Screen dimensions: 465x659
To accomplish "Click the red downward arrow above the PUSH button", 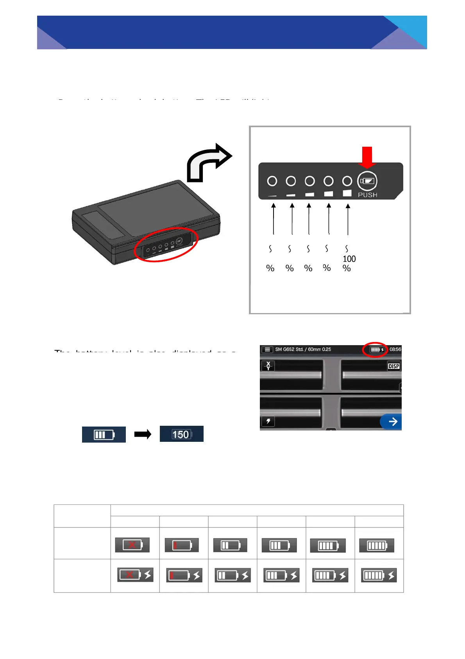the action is (367, 156).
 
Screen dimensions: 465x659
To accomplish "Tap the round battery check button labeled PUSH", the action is (367, 181).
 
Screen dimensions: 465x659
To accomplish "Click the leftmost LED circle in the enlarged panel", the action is (272, 181).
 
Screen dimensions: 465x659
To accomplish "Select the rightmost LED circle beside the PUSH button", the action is (347, 181).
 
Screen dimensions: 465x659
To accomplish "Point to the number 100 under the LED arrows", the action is (349, 259).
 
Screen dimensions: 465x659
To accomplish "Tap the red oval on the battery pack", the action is (166, 245).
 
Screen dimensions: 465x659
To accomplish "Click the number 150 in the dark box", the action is (181, 434).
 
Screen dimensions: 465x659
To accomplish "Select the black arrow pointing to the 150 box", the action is (143, 434).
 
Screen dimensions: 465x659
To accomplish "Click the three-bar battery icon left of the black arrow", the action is (104, 435).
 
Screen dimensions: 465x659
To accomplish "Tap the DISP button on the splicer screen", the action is (393, 366).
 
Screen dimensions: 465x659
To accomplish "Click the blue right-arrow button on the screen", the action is (392, 421).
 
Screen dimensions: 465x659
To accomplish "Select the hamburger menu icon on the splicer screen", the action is (267, 349).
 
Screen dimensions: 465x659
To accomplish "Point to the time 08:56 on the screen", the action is (395, 349).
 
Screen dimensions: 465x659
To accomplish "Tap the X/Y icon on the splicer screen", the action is (268, 366).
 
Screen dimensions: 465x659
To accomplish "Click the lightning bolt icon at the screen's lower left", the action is (268, 421).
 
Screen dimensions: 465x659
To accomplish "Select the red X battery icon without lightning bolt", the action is (132, 545).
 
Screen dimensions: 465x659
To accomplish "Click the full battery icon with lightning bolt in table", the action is (379, 575).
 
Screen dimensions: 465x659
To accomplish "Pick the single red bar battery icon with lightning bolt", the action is (184, 575).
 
